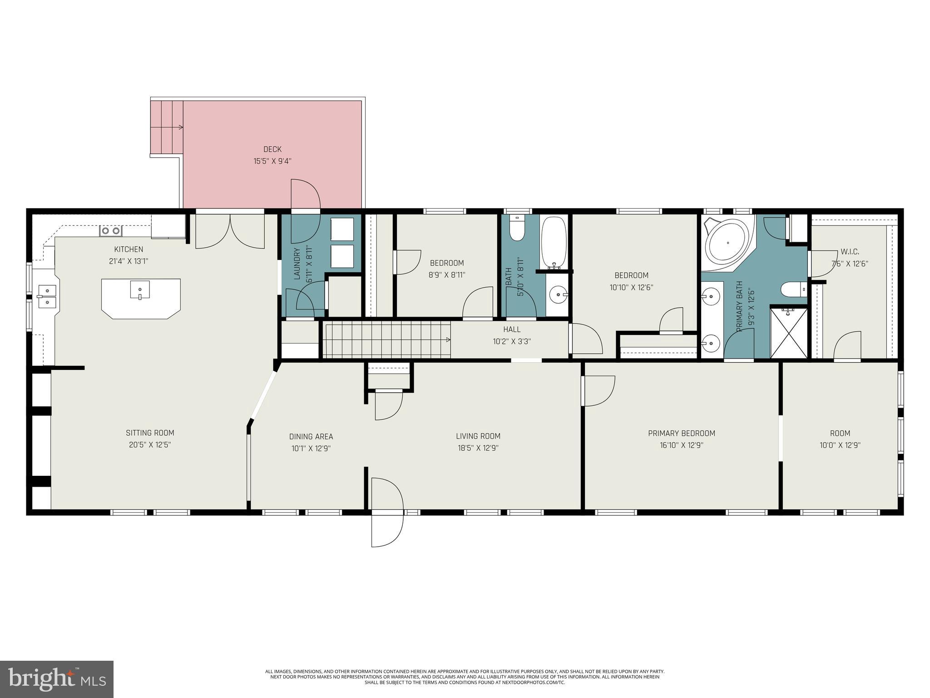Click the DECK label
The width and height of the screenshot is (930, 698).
(x=272, y=149)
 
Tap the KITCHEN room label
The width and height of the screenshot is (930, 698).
(x=129, y=249)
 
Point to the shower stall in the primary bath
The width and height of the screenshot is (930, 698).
(x=789, y=333)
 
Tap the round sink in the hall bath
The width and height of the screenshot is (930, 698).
(x=558, y=295)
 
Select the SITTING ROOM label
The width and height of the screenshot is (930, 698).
(x=150, y=433)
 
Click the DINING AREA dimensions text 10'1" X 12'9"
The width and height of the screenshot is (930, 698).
(x=311, y=448)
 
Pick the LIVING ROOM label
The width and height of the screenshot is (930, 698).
(x=478, y=436)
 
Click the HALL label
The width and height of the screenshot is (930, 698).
(x=512, y=329)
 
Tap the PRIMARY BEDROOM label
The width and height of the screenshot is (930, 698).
(x=682, y=433)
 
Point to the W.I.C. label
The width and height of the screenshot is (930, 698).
(x=850, y=251)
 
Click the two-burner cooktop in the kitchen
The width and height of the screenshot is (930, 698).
(x=111, y=231)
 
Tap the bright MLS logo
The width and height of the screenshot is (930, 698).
(x=57, y=679)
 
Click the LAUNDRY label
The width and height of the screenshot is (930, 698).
(x=297, y=264)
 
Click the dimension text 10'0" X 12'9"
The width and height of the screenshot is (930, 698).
(x=840, y=445)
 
